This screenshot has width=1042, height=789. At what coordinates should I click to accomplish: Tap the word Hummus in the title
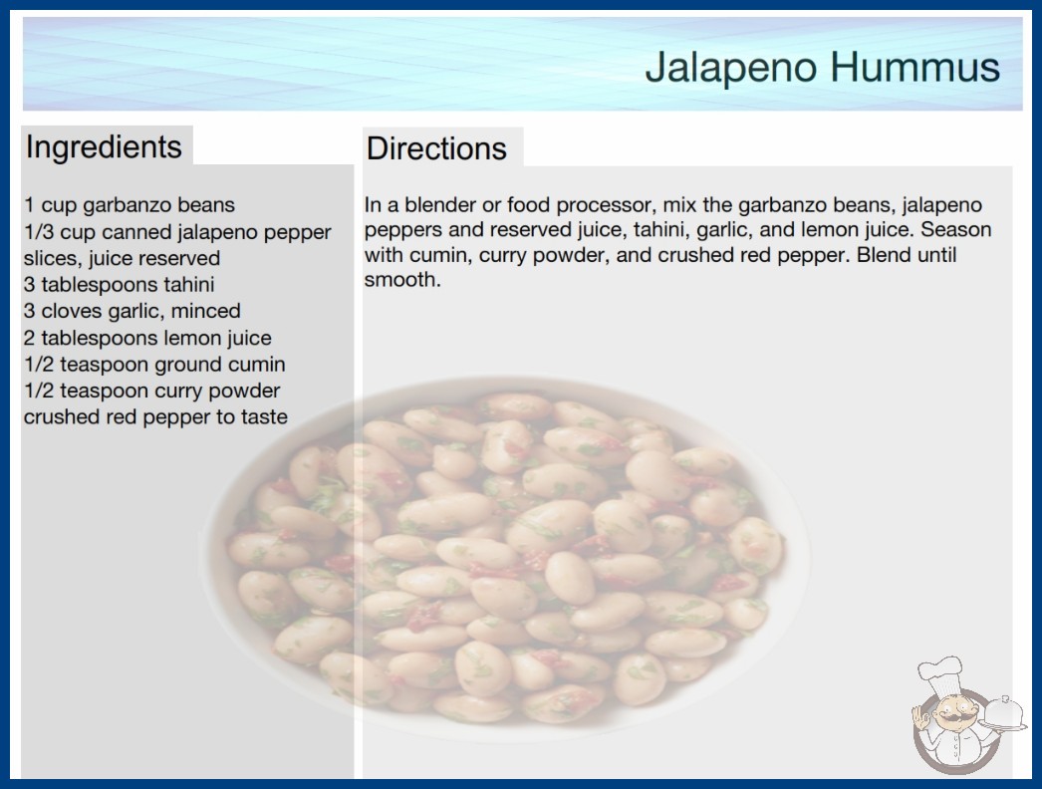pyautogui.click(x=914, y=67)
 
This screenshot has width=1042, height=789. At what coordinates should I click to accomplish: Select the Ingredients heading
pyautogui.click(x=104, y=147)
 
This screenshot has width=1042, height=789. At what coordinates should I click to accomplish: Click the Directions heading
pyautogui.click(x=436, y=148)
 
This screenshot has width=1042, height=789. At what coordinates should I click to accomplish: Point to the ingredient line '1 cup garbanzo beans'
pyautogui.click(x=130, y=205)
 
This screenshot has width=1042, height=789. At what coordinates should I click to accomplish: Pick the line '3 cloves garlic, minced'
pyautogui.click(x=132, y=311)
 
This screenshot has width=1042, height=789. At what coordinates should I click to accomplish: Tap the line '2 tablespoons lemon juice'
pyautogui.click(x=147, y=338)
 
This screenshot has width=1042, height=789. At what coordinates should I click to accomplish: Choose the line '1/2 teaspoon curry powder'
pyautogui.click(x=152, y=391)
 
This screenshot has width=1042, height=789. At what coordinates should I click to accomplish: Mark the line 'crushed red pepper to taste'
pyautogui.click(x=155, y=416)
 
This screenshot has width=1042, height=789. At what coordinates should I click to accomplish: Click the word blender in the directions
pyautogui.click(x=438, y=205)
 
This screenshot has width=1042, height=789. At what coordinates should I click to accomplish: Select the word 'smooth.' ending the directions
pyautogui.click(x=402, y=280)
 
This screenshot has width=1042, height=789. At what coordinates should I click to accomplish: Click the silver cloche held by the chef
pyautogui.click(x=1003, y=714)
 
